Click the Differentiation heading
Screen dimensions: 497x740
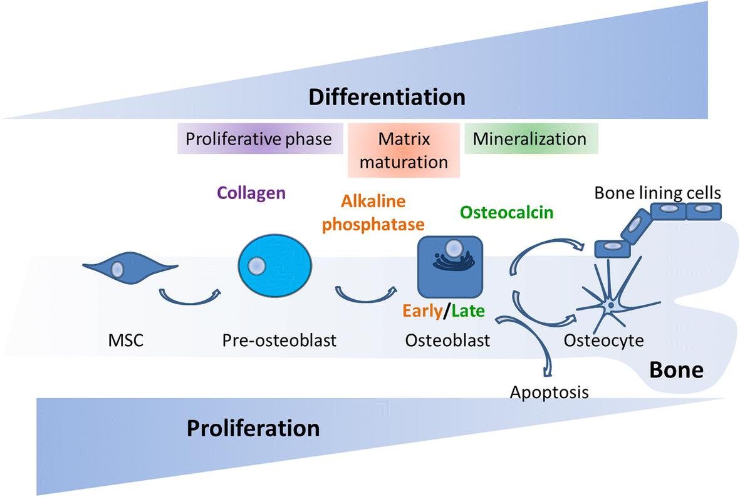tap(387, 98)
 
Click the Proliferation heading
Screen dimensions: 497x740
tap(253, 429)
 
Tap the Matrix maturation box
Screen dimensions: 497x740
tap(404, 150)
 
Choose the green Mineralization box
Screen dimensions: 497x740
tap(529, 138)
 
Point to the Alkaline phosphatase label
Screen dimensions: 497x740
tap(373, 213)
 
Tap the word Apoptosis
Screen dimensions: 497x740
tap(549, 392)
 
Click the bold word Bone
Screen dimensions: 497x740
tap(675, 370)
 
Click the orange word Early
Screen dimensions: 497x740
tap(422, 310)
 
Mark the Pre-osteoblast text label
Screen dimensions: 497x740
tap(279, 341)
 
